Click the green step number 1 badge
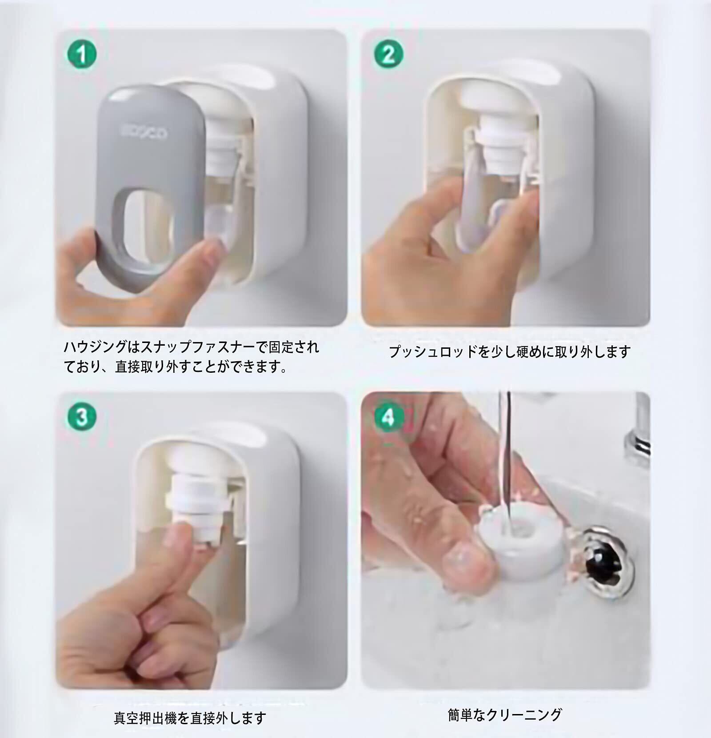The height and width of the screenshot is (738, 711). [82, 55]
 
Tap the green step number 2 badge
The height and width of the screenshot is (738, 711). [388, 55]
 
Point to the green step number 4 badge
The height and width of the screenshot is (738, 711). [388, 418]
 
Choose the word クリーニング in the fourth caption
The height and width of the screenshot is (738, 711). [525, 714]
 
